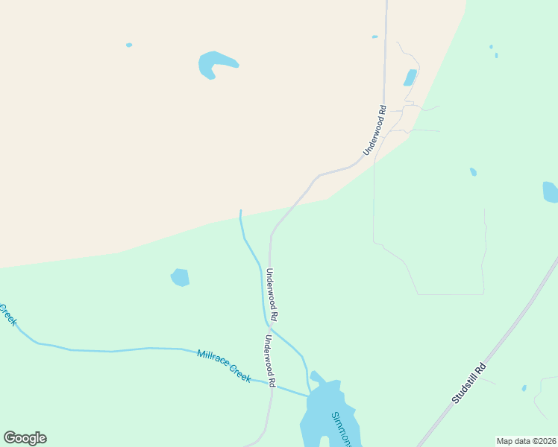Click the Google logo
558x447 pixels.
pos(25,438)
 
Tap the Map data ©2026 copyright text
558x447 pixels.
pos(525,441)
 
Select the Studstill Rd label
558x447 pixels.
pos(468,383)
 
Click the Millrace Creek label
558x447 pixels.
pos(224,365)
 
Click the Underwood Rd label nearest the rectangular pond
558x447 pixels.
pos(374,130)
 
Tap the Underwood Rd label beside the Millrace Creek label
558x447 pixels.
pos(269,361)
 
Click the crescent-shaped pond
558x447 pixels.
pos(214,63)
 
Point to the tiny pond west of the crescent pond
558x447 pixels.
pos(129,45)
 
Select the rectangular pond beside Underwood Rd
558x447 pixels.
pos(410,77)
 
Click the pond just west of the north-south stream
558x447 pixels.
pos(180,277)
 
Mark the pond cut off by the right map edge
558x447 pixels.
pos(551,191)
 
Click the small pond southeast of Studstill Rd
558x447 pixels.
pos(524,388)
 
